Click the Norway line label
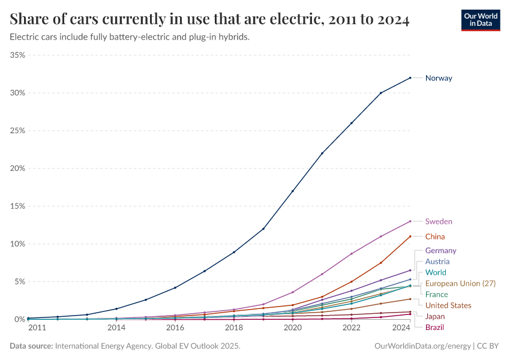click(439, 78)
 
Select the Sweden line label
click(439, 221)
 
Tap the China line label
click(435, 236)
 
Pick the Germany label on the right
click(440, 250)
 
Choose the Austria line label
click(437, 262)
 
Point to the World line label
click(436, 272)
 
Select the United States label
click(448, 305)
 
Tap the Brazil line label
click(435, 327)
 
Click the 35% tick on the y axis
click(17, 55)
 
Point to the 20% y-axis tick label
click(17, 169)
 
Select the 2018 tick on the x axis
click(234, 328)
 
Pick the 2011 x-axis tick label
click(37, 328)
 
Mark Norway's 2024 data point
click(410, 77)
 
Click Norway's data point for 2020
click(293, 191)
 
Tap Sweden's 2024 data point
click(410, 221)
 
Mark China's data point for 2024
click(410, 236)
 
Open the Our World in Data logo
click(481, 20)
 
